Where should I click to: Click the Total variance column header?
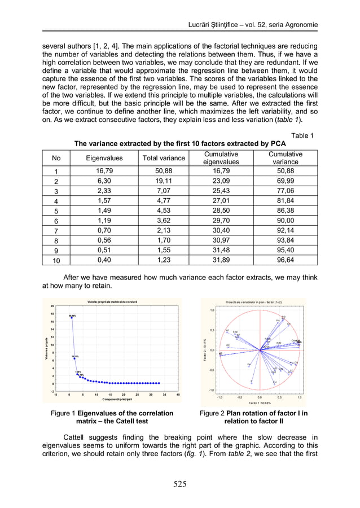coord(163,158)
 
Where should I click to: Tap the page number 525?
coord(179,483)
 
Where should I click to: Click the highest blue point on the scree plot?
coord(72,318)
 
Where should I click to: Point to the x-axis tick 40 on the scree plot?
coord(178,395)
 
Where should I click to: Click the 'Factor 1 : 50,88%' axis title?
coord(260,403)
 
